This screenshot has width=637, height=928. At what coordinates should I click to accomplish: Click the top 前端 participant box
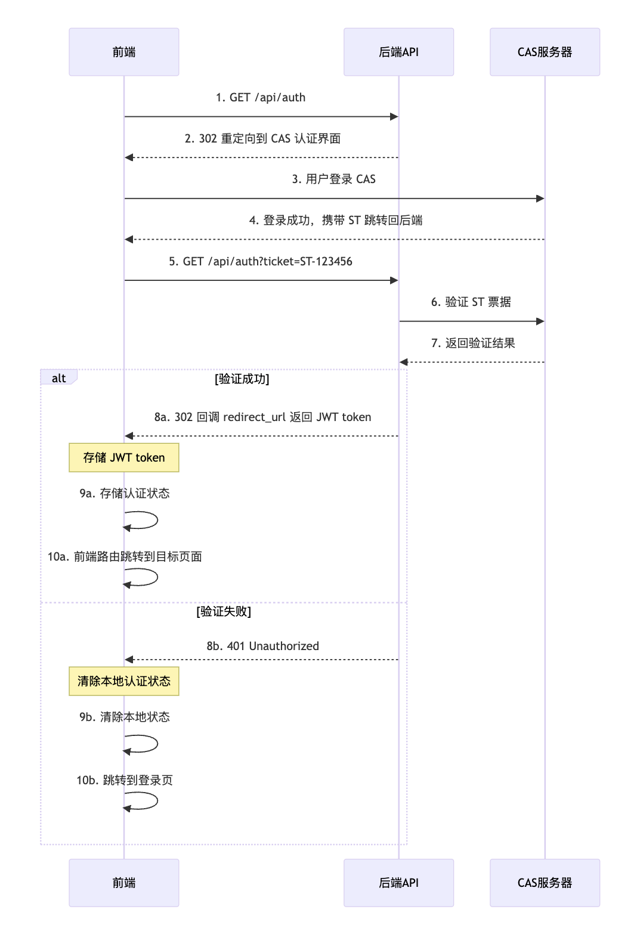click(123, 52)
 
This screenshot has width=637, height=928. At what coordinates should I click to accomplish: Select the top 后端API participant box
click(398, 52)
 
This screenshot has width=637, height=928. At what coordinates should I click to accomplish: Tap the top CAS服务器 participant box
click(545, 52)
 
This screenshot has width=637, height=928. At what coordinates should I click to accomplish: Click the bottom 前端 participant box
click(123, 883)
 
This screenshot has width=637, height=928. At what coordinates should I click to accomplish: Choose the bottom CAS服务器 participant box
click(545, 883)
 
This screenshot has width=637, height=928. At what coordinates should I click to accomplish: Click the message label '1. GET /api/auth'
click(261, 97)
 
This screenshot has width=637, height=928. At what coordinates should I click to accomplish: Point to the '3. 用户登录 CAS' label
click(333, 179)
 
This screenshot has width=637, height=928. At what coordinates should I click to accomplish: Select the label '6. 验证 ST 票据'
click(471, 302)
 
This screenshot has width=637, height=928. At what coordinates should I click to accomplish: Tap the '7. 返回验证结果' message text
click(473, 343)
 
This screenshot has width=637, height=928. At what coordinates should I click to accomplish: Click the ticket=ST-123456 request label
click(261, 261)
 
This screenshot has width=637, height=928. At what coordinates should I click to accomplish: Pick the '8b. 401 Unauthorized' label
click(262, 646)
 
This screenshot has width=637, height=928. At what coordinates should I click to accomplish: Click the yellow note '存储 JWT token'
click(123, 457)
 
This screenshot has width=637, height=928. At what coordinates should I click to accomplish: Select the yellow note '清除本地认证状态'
click(123, 681)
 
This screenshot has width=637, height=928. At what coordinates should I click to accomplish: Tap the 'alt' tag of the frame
click(58, 378)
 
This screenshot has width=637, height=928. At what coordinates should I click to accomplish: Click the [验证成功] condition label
click(242, 379)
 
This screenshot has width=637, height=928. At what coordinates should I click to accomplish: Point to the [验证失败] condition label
click(224, 611)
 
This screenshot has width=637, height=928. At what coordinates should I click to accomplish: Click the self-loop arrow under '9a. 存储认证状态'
click(143, 521)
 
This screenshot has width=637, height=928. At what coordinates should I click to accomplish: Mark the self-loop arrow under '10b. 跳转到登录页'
click(143, 801)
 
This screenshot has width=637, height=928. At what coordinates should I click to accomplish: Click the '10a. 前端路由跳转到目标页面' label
click(125, 556)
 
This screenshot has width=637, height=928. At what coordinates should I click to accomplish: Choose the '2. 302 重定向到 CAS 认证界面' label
click(262, 138)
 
